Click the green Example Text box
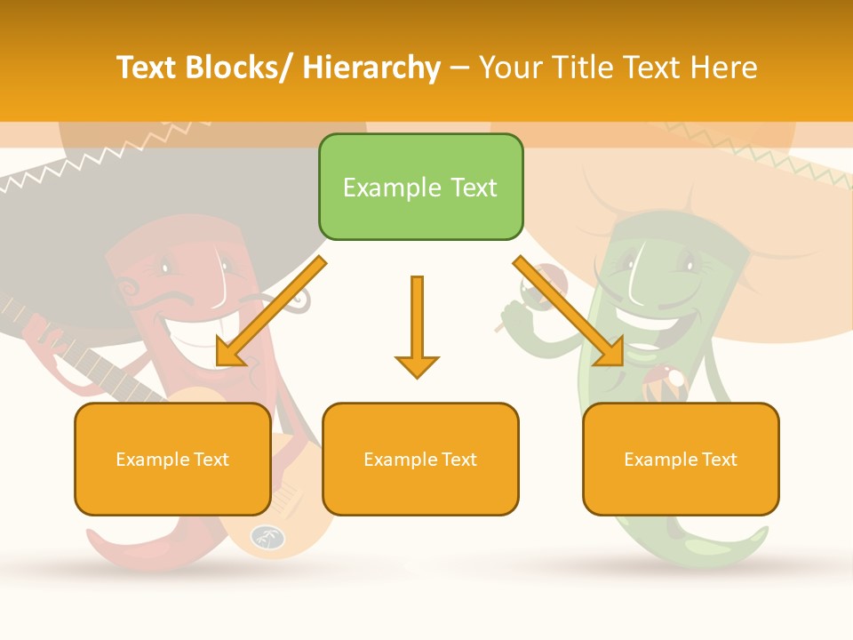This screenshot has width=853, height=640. click(420, 187)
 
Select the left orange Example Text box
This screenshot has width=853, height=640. click(172, 459)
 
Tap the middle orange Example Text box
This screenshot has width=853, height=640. click(420, 459)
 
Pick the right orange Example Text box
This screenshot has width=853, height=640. click(681, 459)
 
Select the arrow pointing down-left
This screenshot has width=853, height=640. click(271, 311)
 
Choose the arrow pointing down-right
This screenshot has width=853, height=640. click(569, 311)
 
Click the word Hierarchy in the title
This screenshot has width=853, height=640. click(371, 68)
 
